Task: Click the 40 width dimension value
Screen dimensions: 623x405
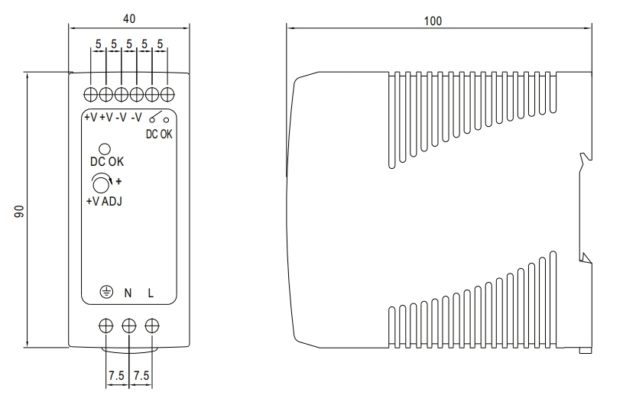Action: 129,18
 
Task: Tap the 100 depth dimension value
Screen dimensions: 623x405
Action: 433,21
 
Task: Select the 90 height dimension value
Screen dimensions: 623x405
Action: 19,211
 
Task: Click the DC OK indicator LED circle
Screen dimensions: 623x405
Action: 105,149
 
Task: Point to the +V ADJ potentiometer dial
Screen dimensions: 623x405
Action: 101,184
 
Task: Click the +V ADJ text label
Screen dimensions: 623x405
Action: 104,201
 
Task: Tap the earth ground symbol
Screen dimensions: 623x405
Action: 106,293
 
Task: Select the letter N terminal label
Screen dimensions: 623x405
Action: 128,293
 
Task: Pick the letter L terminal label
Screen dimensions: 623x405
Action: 151,293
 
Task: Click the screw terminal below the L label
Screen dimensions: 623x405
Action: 152,326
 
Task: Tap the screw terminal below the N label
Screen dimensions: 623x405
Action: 129,326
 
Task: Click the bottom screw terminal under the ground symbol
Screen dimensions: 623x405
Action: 105,326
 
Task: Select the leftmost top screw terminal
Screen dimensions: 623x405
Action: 91,95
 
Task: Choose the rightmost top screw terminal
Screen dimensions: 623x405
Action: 167,95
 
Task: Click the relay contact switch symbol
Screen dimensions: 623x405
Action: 159,118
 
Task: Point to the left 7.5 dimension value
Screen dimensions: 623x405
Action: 116,375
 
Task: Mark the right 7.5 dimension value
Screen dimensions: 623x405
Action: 141,375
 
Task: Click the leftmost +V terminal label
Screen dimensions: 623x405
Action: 91,118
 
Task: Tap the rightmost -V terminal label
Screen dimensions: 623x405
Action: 136,118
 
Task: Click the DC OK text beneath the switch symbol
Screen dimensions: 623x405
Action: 159,134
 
